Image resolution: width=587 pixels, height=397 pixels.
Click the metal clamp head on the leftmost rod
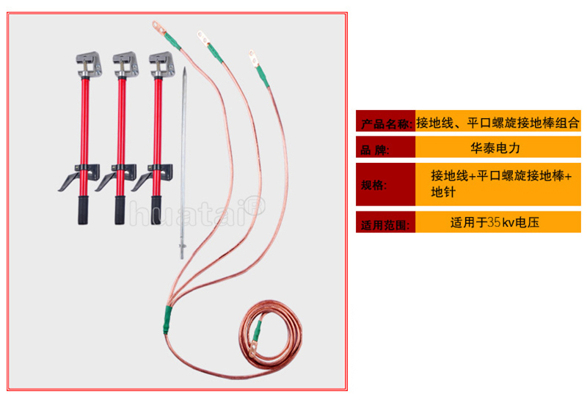coord(89,64)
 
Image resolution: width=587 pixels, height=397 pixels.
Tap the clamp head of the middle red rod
coord(125,64)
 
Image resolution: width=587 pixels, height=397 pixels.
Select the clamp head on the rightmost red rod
coord(161,64)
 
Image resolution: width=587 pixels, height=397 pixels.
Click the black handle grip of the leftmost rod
coord(83,210)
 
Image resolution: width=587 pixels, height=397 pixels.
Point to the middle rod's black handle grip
coord(120,210)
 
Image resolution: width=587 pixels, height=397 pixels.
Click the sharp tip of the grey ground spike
coord(185,68)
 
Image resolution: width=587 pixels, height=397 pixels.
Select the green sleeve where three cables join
coord(167,319)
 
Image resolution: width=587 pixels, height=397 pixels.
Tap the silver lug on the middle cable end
coord(203,37)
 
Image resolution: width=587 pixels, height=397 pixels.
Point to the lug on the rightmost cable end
coord(253,59)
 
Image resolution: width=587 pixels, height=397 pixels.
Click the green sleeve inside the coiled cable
coord(258,332)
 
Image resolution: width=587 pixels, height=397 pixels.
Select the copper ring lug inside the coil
coord(252,351)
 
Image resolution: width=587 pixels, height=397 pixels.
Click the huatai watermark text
coord(197,212)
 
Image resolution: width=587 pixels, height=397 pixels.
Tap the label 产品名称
coord(387,123)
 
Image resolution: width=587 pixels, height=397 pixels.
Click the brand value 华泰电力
coord(495,148)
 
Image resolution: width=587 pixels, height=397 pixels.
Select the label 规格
coord(373,185)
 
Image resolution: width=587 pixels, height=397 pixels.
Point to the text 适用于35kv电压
coord(495,222)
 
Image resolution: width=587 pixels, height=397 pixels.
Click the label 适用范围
coord(384,225)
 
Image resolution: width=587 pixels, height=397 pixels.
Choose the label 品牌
coord(375,150)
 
